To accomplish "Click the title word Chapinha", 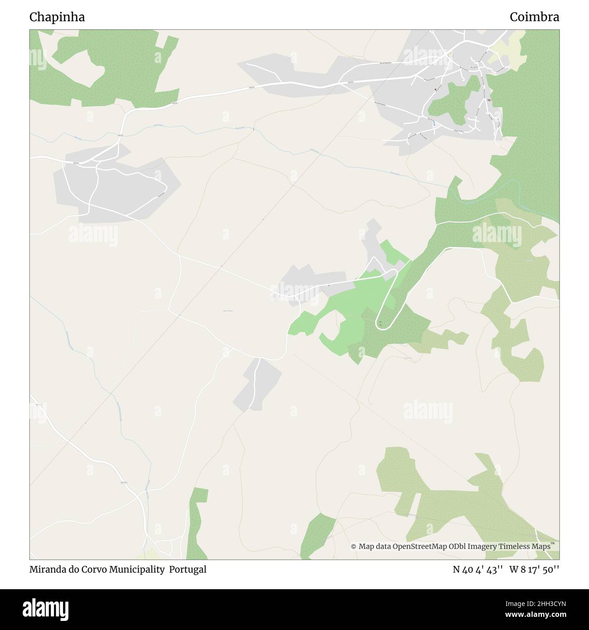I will tap(57, 17).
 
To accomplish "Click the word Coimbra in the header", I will tap(534, 17).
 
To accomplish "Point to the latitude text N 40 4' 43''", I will tap(478, 570).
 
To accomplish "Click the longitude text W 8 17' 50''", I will tap(534, 570).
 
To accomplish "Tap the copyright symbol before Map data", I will tap(354, 547).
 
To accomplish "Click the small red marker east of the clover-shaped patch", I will tap(489, 100).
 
